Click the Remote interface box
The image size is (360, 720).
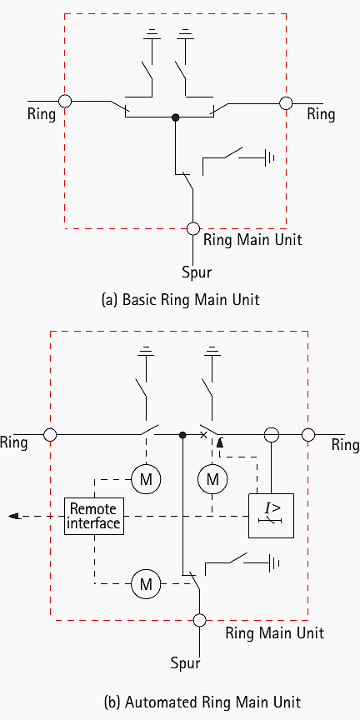click(x=95, y=517)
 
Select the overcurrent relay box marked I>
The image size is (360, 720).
click(x=271, y=516)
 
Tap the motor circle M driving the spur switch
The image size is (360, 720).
click(x=146, y=584)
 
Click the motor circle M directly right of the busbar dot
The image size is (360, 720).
click(x=212, y=480)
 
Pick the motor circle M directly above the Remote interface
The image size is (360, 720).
click(x=146, y=480)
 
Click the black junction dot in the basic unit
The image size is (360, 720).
click(x=175, y=117)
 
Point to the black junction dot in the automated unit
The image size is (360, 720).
click(x=182, y=434)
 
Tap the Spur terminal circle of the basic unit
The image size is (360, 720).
click(x=193, y=228)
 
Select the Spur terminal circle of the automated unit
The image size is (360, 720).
click(x=199, y=620)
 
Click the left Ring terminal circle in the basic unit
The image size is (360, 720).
click(x=65, y=101)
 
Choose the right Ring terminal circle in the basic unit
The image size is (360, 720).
click(x=286, y=103)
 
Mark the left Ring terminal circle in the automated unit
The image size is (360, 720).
click(x=50, y=434)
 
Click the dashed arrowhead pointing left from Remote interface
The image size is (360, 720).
click(x=14, y=516)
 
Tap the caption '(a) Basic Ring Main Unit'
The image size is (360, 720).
click(x=180, y=300)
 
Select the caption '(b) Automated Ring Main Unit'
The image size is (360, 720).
click(x=202, y=702)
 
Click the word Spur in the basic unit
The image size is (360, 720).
click(x=197, y=272)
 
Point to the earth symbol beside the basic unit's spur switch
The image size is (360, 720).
click(x=269, y=158)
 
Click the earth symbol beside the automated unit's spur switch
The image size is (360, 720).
click(x=274, y=563)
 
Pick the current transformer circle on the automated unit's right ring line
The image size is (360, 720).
click(x=272, y=434)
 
